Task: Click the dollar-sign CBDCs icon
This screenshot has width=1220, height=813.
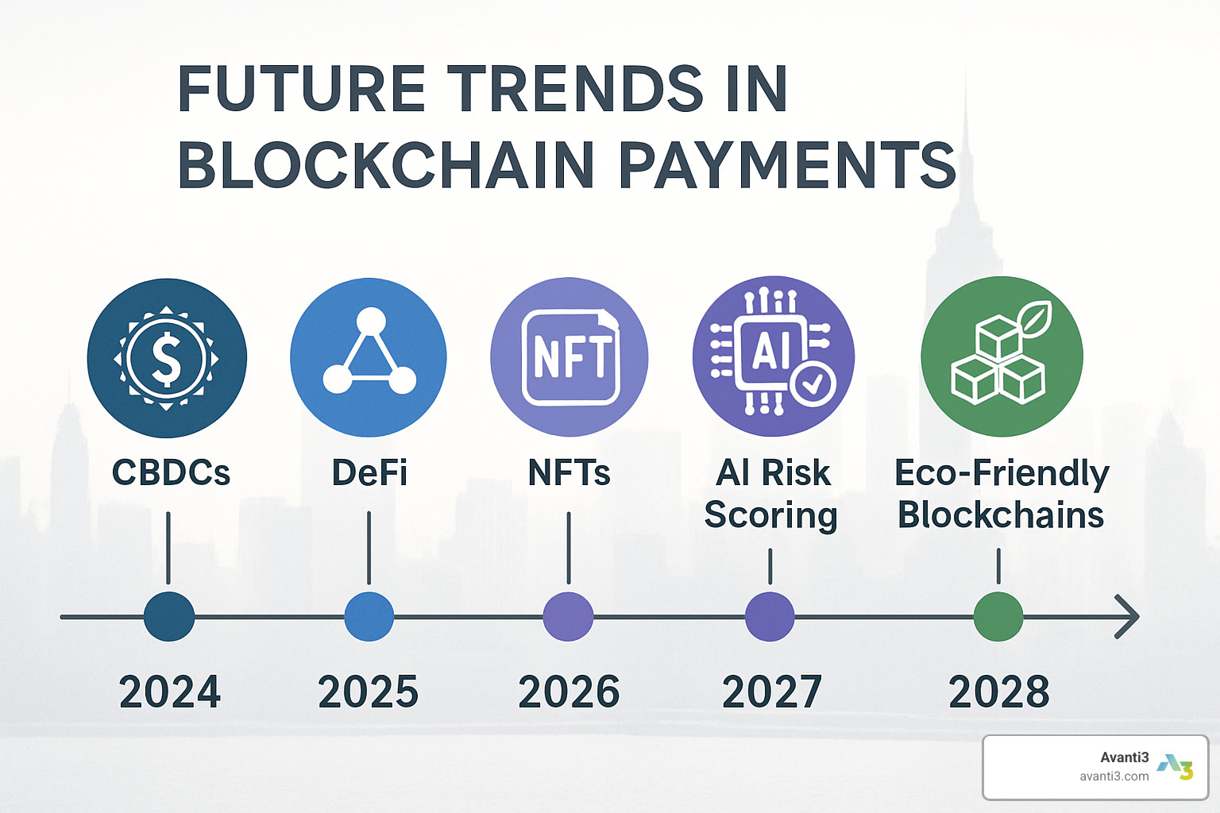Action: click(167, 358)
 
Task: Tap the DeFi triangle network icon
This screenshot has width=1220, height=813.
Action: click(369, 357)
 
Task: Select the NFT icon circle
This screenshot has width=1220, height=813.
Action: click(569, 356)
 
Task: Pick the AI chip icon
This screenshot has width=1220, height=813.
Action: click(774, 356)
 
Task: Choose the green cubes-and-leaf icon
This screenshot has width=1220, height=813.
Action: click(1002, 356)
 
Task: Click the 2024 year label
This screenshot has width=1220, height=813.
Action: click(170, 692)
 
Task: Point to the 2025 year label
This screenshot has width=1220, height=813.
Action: click(369, 692)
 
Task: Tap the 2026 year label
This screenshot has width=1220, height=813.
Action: click(569, 692)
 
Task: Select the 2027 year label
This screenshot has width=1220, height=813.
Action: click(772, 692)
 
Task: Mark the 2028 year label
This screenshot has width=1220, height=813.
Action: click(999, 692)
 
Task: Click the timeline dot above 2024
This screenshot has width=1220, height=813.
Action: click(169, 616)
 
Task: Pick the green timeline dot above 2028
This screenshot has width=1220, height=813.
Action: click(998, 616)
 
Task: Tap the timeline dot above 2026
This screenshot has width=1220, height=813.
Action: click(568, 616)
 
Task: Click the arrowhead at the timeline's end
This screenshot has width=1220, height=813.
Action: click(1128, 617)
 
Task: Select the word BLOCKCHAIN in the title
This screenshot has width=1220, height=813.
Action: click(386, 164)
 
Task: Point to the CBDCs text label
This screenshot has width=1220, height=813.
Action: click(171, 472)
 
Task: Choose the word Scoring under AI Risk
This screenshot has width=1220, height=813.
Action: click(770, 516)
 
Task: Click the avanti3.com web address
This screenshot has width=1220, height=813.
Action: click(1114, 776)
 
